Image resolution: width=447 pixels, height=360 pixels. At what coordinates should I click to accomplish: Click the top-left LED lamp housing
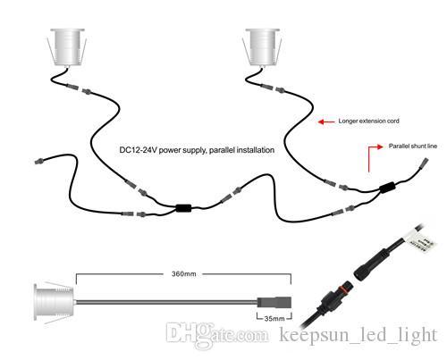67,47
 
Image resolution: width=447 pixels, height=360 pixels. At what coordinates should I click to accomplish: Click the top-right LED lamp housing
263,47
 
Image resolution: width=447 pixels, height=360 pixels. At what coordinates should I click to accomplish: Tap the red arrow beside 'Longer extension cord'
326,121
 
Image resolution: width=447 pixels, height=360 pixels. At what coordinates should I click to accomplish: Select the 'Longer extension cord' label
368,121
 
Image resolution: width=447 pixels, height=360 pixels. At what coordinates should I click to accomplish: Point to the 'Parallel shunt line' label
413,147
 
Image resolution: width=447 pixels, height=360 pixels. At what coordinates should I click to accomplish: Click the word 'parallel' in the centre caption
222,150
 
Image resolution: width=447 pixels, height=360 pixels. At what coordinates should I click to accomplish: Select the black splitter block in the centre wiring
183,207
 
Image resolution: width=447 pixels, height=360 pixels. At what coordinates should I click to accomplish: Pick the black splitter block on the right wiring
387,188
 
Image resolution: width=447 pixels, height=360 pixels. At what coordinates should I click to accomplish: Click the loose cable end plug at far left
38,162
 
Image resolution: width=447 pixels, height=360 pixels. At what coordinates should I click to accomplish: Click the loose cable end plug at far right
424,163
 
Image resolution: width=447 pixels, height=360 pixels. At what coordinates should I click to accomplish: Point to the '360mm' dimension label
184,274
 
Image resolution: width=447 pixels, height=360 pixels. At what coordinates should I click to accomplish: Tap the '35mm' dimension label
274,319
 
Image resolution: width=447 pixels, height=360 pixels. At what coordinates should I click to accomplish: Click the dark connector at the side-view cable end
274,302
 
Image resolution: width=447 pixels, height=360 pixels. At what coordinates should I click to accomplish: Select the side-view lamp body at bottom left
54,302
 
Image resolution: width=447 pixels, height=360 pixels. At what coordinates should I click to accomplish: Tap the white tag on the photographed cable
419,239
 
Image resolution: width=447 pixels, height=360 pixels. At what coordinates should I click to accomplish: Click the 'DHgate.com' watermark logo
216,335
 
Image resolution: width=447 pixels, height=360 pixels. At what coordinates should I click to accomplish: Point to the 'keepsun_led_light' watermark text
358,335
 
